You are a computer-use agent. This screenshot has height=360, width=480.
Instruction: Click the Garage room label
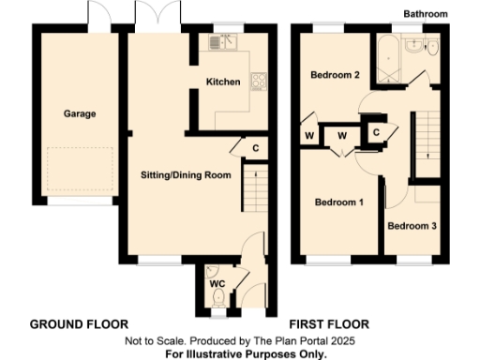(80, 114)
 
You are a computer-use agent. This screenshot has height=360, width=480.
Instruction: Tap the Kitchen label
(223, 82)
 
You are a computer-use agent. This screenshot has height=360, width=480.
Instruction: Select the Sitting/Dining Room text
(186, 175)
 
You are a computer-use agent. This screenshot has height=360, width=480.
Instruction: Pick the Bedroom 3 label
(412, 226)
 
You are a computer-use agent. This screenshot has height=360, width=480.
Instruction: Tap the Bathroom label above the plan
(426, 14)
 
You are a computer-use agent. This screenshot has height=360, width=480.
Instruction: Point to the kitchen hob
(259, 81)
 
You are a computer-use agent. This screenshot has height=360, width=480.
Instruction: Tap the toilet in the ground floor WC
(218, 298)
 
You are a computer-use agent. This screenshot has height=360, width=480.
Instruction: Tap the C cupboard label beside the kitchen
(254, 146)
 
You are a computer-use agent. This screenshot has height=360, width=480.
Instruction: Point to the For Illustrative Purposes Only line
(246, 353)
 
